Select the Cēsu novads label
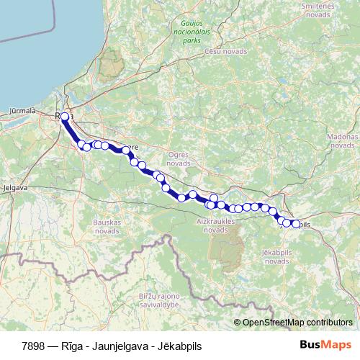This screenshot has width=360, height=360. click(x=225, y=52)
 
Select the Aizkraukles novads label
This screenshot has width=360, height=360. click(x=216, y=225)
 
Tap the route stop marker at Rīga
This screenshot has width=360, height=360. click(x=65, y=117)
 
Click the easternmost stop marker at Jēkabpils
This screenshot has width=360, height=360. click(x=295, y=224)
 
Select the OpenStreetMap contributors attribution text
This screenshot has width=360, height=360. click(x=297, y=322)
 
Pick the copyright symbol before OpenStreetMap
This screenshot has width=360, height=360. click(x=238, y=322)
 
